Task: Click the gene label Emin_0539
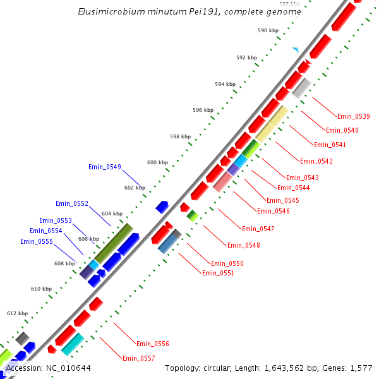(x=353, y=116)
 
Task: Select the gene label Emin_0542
(x=316, y=161)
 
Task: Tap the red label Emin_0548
(x=243, y=245)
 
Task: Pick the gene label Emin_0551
(x=218, y=273)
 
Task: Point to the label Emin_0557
(x=139, y=358)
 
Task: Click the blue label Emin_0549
(x=104, y=167)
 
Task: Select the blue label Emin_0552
(x=71, y=203)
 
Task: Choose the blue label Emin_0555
(x=36, y=241)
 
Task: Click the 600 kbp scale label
(x=157, y=162)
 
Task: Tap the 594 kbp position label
(x=225, y=84)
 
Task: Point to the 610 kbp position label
(x=41, y=289)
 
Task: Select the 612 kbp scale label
(x=17, y=313)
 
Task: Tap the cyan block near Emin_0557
(x=73, y=344)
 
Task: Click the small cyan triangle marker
(x=295, y=49)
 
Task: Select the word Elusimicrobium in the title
(x=109, y=11)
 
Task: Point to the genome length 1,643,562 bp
(x=294, y=368)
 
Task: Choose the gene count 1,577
(x=361, y=368)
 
